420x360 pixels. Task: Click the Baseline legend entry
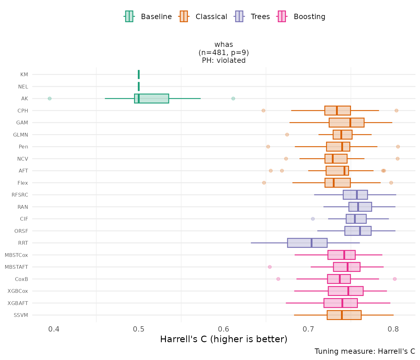[x=148, y=17]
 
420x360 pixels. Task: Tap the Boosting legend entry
[x=302, y=17]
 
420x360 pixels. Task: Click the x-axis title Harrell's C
[x=224, y=339]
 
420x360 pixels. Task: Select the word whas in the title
[x=224, y=45]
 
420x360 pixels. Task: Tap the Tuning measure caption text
[x=365, y=351]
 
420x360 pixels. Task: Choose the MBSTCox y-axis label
[x=16, y=255]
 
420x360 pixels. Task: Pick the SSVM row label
[x=21, y=315]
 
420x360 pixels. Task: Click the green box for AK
[x=152, y=98]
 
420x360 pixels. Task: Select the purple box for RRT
[x=307, y=243]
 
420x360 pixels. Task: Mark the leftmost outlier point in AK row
[x=49, y=98]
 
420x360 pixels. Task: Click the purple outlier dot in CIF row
[x=313, y=219]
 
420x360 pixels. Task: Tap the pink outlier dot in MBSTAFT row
[x=270, y=267]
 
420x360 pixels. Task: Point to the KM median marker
[x=139, y=74]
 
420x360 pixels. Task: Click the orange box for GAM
[x=347, y=122]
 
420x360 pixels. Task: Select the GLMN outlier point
[x=287, y=135]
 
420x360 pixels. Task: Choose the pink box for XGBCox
[x=346, y=291]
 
